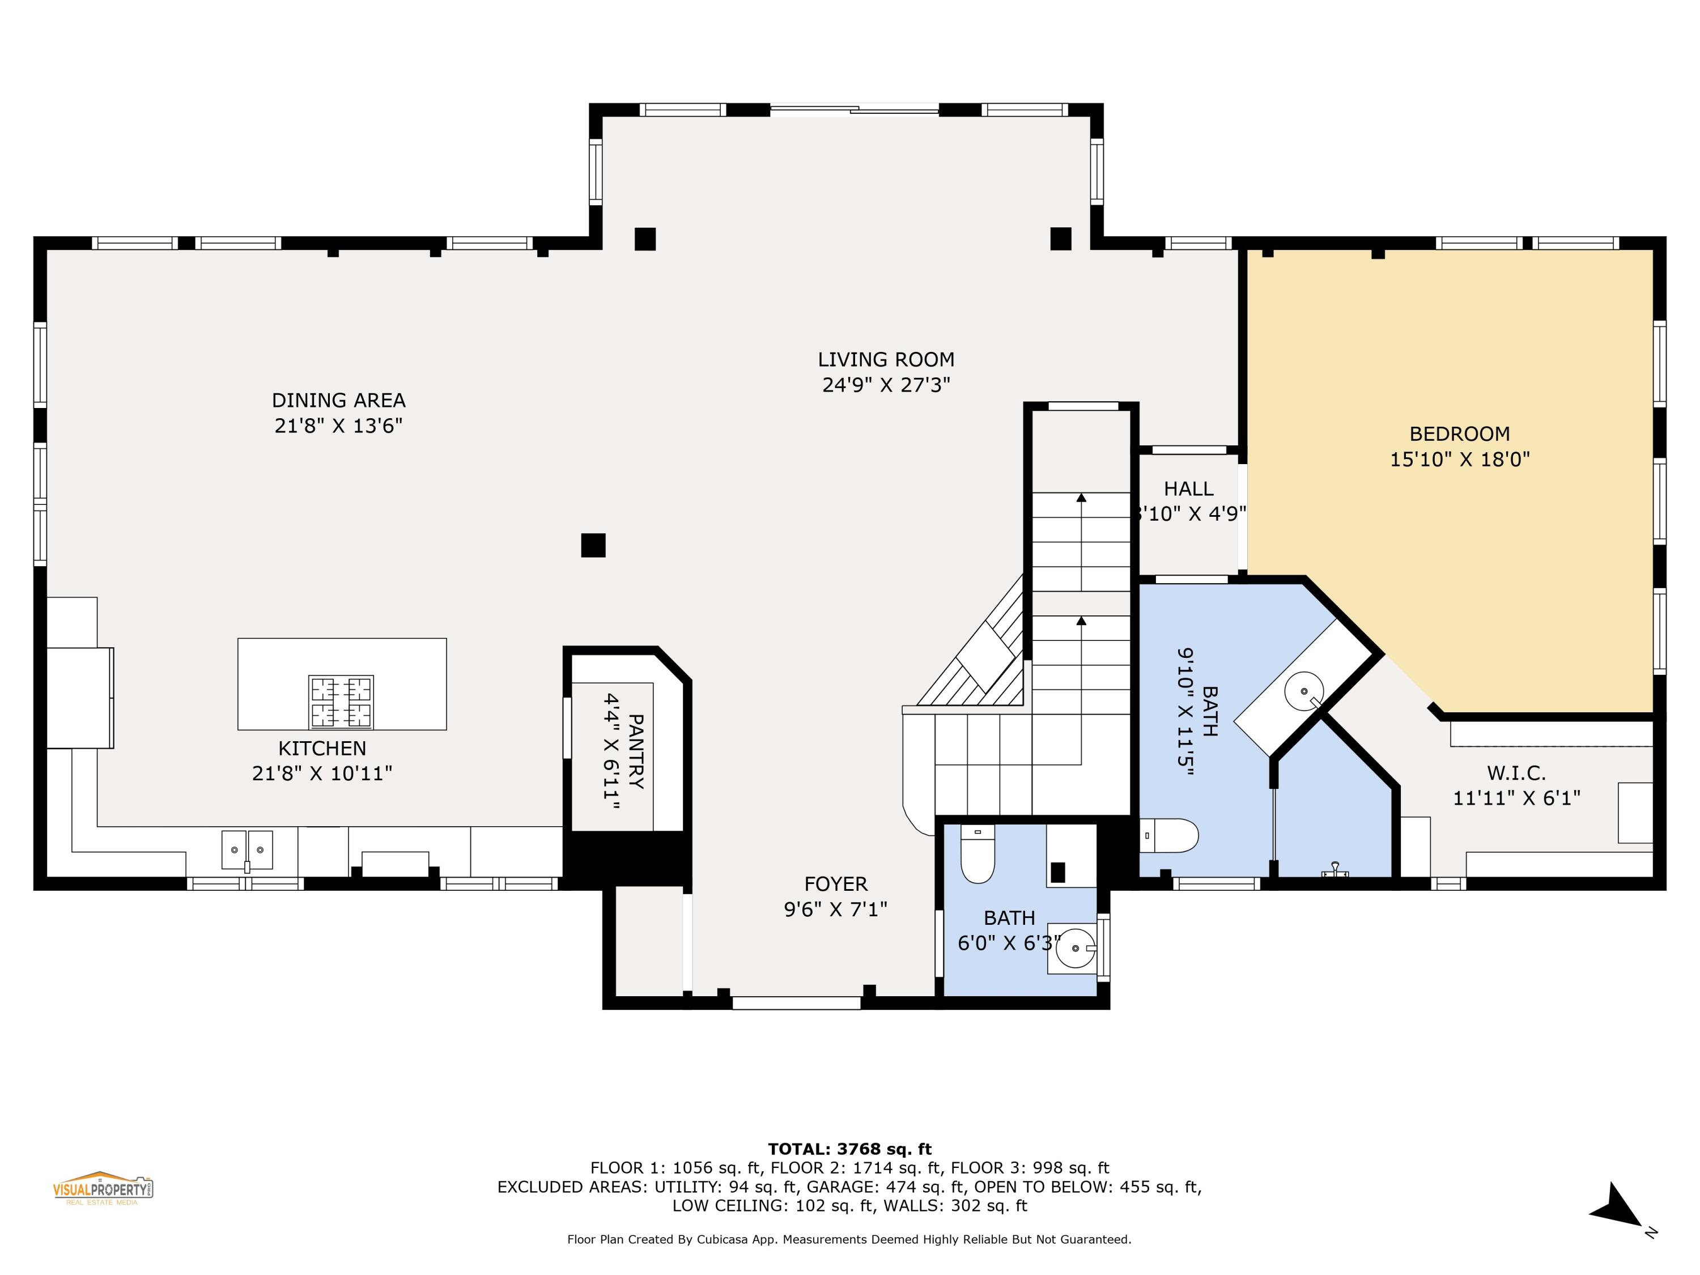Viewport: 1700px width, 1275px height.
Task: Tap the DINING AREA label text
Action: coord(338,401)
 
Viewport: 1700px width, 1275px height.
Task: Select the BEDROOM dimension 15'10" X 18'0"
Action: coord(1459,460)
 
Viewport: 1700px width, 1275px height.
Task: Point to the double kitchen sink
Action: coord(248,849)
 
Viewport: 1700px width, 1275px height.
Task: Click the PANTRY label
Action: coord(636,751)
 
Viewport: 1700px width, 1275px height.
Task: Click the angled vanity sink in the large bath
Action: coord(1304,690)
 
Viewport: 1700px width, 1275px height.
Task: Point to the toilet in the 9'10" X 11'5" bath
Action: coord(1170,835)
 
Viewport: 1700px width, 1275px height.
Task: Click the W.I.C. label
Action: coord(1516,772)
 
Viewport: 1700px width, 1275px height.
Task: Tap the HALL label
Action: coord(1188,489)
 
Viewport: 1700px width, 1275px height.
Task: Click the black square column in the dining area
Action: coord(593,545)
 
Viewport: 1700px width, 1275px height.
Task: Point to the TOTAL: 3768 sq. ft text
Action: coord(849,1149)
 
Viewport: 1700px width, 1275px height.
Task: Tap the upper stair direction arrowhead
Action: coord(1081,497)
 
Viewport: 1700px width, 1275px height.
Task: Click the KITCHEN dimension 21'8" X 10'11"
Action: coord(322,773)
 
